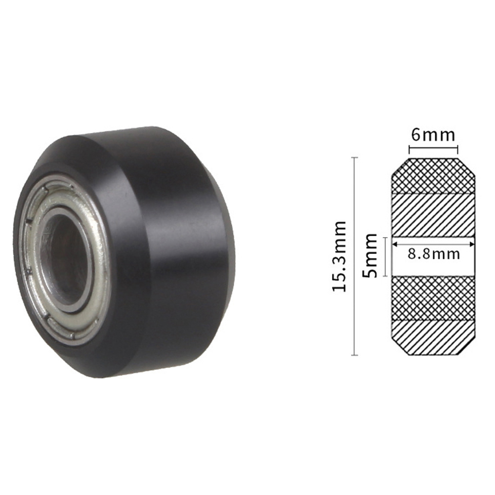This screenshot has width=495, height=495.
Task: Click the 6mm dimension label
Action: click(x=433, y=135)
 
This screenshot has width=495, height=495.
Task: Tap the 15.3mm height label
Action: click(x=340, y=256)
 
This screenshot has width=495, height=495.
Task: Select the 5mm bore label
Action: click(x=370, y=255)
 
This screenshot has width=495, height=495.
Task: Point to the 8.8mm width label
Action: click(x=433, y=254)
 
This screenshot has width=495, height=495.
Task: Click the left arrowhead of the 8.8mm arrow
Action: click(x=394, y=244)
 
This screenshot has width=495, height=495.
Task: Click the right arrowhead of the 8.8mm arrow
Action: click(x=472, y=244)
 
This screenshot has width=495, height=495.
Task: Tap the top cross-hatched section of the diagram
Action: click(x=433, y=175)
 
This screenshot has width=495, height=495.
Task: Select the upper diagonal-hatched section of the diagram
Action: click(x=433, y=215)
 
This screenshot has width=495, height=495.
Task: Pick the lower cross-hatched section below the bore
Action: click(x=433, y=298)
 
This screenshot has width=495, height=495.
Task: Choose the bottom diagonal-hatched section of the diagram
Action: click(x=433, y=337)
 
